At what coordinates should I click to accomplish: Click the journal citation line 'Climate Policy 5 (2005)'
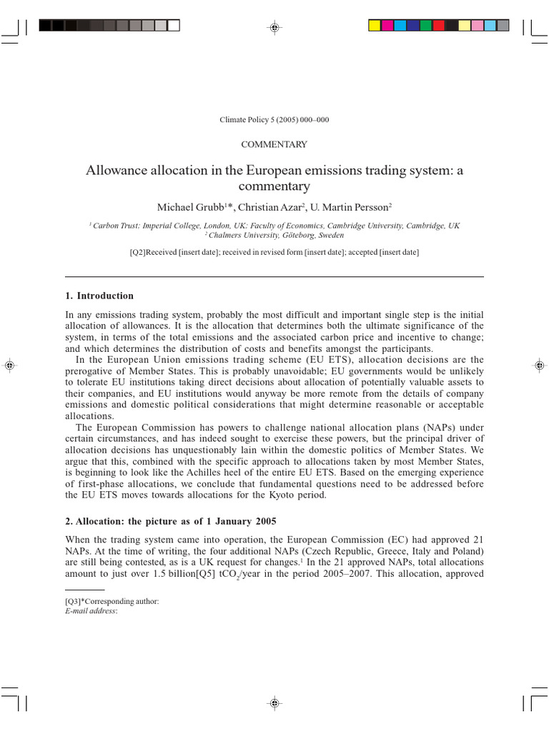(x=274, y=120)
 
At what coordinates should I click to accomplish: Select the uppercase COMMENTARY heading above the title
(x=274, y=144)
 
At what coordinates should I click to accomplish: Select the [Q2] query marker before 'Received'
(x=138, y=252)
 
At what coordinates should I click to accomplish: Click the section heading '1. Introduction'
(x=99, y=296)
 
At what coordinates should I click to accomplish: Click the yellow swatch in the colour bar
(x=375, y=26)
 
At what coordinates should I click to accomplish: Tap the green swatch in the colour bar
(x=425, y=26)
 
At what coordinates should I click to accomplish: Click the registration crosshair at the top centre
(x=274, y=27)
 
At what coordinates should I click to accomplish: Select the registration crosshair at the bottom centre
(x=274, y=703)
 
